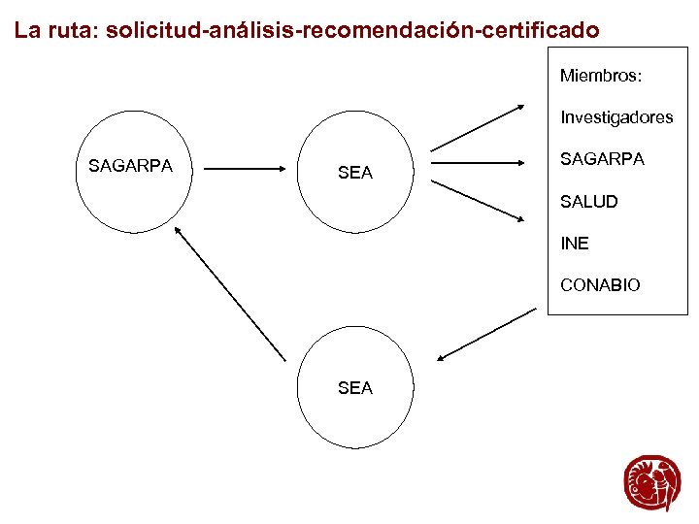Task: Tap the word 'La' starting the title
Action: [27, 31]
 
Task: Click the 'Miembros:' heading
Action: [602, 75]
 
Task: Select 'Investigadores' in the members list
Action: [616, 117]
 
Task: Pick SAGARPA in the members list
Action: [602, 159]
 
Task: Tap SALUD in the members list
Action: [588, 202]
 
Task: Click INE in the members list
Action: [575, 244]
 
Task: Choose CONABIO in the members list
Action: [600, 285]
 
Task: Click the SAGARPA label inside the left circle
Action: [130, 166]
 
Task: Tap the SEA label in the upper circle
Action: [354, 173]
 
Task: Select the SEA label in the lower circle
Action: [354, 388]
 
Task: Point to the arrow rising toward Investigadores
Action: [479, 127]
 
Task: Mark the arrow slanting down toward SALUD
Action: [479, 200]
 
